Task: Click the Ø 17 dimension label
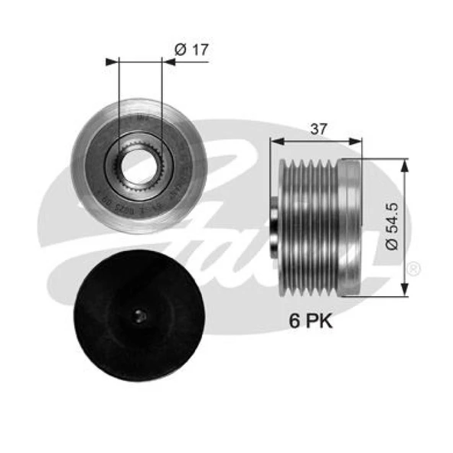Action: [x=192, y=51]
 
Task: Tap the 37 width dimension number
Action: [x=320, y=129]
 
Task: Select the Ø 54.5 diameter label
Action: [x=391, y=227]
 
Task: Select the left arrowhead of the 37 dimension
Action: [x=276, y=142]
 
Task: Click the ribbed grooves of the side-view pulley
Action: [x=306, y=226]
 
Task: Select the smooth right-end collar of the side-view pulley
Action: [x=350, y=226]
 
